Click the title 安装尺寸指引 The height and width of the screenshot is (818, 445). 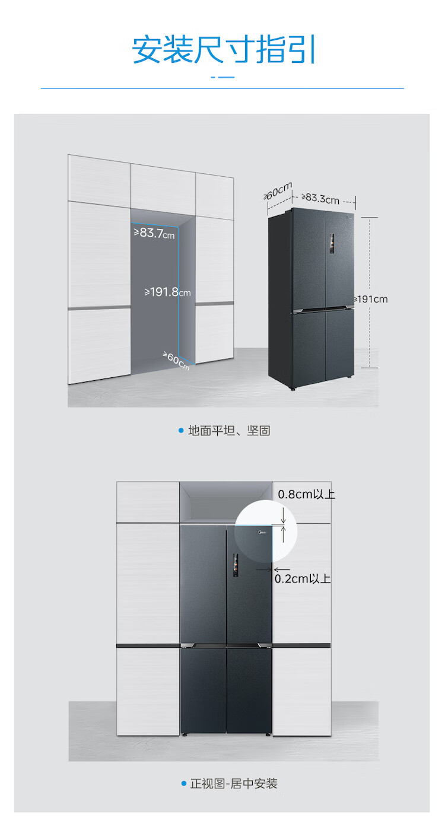tap(224, 49)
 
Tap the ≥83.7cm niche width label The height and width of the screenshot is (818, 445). tap(154, 233)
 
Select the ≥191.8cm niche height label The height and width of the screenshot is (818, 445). tap(168, 292)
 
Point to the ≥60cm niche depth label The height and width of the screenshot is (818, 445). tap(176, 361)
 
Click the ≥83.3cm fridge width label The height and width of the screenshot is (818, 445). tap(320, 198)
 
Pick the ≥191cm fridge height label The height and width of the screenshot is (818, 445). tap(370, 300)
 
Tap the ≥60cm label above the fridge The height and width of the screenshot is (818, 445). tap(278, 191)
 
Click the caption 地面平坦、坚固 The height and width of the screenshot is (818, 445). tap(229, 431)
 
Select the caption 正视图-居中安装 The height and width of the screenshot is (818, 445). tap(234, 784)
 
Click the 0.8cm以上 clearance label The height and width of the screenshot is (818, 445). tap(306, 495)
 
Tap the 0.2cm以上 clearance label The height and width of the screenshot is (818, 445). tap(303, 579)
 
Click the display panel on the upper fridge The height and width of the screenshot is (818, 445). tap(332, 244)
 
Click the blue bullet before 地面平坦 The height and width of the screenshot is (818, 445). tap(180, 431)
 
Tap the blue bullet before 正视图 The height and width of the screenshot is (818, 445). tap(184, 784)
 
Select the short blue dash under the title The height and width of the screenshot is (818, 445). tap(223, 78)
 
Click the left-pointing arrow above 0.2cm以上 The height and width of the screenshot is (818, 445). tap(281, 569)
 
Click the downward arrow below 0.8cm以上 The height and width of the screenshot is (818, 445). tap(283, 516)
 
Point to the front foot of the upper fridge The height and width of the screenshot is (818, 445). tap(293, 389)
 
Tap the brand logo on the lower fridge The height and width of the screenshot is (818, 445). tap(262, 533)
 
